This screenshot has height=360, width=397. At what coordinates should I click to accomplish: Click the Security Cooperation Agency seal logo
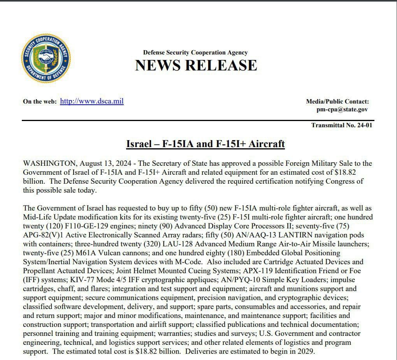[x=46, y=58]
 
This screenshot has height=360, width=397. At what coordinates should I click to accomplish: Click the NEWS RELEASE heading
[x=196, y=65]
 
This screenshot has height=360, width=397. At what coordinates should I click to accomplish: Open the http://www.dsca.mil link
[x=92, y=102]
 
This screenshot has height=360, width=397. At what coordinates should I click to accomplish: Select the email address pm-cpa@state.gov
[x=342, y=109]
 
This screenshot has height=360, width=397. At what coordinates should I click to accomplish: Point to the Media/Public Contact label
[x=337, y=102]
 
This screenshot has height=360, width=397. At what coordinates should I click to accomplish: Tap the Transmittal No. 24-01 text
[x=342, y=125]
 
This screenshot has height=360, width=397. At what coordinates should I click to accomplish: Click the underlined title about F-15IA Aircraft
[x=206, y=144]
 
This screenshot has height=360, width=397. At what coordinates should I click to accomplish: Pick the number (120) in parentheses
[x=47, y=226]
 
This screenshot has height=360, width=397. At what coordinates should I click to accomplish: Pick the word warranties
[x=174, y=334]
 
